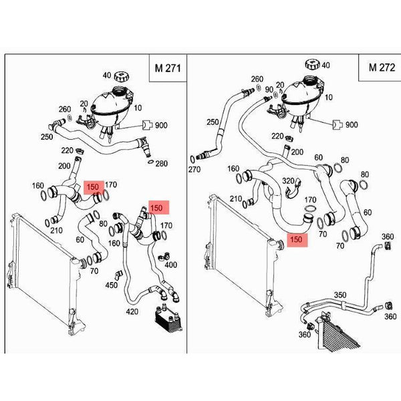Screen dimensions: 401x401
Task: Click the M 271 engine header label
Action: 168,68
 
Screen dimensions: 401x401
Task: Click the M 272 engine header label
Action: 382,68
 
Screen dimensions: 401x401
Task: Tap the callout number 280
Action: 162,164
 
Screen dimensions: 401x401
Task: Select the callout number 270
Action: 194,169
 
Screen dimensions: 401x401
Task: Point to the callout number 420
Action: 132,311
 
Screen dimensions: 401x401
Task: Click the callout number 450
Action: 112,285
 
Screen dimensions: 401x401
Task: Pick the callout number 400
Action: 171,265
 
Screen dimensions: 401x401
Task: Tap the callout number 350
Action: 340,295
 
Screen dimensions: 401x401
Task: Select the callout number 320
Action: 288,181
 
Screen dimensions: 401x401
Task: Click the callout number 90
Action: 269,90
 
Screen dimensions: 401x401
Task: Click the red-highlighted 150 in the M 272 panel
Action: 297,240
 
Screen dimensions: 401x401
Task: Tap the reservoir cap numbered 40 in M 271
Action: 121,76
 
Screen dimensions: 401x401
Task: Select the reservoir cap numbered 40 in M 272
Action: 312,64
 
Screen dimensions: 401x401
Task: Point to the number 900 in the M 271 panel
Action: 161,126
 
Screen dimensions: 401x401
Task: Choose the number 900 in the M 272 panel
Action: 352,125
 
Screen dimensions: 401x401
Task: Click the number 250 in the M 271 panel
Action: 47,137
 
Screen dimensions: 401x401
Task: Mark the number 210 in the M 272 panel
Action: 236,198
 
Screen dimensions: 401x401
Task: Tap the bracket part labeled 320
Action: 293,189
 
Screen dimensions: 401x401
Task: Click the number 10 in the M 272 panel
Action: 328,98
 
